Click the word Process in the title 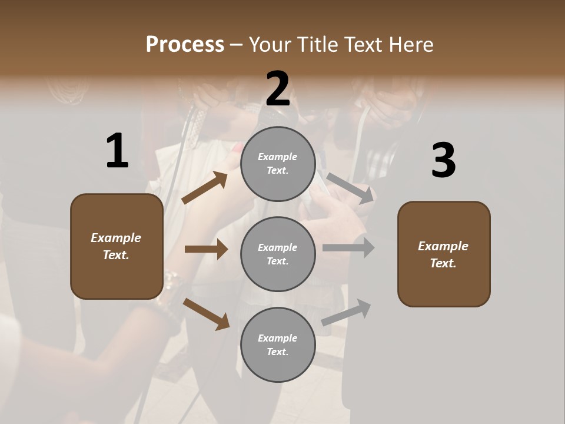(x=185, y=44)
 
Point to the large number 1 (x=117, y=151)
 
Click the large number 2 (x=278, y=89)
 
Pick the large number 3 (x=443, y=161)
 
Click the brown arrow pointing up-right (x=205, y=187)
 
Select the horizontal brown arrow (x=206, y=249)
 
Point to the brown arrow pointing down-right (x=206, y=313)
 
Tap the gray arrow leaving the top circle (x=350, y=188)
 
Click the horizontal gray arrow (x=348, y=248)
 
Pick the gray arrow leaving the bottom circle (x=346, y=313)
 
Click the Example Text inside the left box (x=116, y=246)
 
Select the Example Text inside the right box (x=443, y=254)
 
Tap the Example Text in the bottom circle (x=278, y=345)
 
